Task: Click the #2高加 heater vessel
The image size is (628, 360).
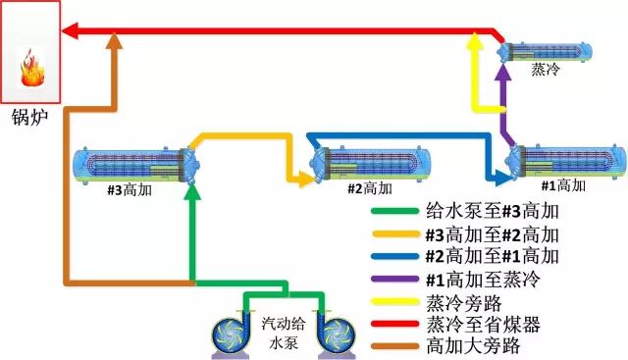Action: click(371, 161)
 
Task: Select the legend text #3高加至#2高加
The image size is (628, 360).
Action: click(491, 234)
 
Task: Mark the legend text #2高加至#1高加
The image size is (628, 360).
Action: click(491, 257)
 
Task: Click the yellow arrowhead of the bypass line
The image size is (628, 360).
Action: click(475, 41)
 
